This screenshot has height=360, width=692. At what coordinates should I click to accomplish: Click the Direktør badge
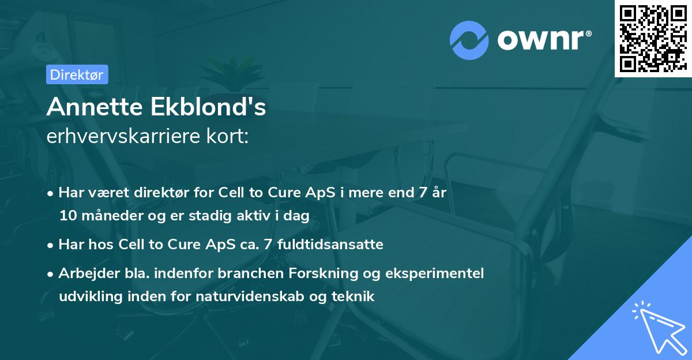tap(76, 74)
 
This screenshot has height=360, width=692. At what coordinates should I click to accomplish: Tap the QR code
tap(652, 38)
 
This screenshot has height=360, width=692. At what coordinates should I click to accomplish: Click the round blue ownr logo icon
tap(469, 41)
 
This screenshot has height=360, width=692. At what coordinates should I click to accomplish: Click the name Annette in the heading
tap(94, 107)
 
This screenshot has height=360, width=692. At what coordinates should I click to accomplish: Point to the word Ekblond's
tap(207, 107)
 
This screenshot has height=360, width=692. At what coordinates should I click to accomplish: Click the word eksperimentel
tap(439, 273)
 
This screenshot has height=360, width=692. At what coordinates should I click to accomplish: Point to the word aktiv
tap(261, 216)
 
